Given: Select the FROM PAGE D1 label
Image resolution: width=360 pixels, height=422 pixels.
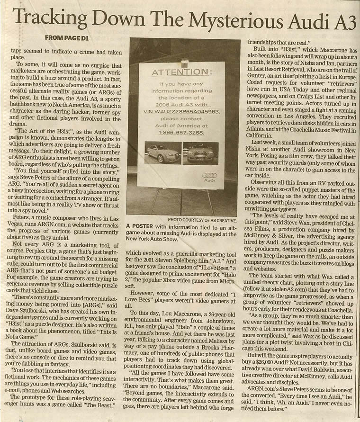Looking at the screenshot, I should pyautogui.click(x=66, y=37).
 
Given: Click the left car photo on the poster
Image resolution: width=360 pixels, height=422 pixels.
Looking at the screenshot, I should pyautogui.click(x=162, y=153).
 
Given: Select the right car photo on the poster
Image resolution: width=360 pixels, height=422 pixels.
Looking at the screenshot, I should pyautogui.click(x=201, y=153).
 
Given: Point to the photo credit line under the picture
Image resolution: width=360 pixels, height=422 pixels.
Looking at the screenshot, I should pyautogui.click(x=202, y=220).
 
